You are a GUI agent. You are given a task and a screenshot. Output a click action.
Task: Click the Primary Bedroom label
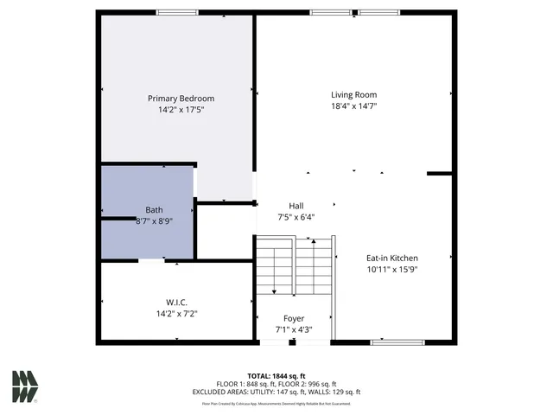(x=181, y=99)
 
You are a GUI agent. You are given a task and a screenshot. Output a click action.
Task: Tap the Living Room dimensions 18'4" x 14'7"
(x=353, y=106)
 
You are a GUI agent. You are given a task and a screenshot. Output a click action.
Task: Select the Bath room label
(x=154, y=210)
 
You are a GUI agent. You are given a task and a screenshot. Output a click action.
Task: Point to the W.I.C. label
(x=176, y=303)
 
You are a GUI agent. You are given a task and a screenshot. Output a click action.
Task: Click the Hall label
(x=296, y=206)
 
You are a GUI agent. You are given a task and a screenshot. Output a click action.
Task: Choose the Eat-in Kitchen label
(x=391, y=258)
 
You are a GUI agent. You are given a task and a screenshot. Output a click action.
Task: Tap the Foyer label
(x=294, y=319)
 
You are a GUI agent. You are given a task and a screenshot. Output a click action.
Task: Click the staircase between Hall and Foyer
(x=294, y=268)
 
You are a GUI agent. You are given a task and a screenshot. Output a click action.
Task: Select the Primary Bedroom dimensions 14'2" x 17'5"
(x=181, y=110)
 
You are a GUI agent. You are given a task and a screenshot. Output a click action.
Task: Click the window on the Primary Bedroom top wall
(x=177, y=12)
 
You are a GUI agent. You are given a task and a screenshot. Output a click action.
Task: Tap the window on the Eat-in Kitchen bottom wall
(x=397, y=342)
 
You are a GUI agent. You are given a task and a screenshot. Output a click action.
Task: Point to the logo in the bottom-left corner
(x=25, y=386)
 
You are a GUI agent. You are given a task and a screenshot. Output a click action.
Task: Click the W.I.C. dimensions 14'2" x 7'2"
(x=176, y=314)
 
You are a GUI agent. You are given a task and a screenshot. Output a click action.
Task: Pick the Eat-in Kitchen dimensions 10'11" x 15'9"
(x=391, y=269)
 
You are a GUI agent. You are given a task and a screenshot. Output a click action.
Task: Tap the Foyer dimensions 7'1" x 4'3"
(x=294, y=329)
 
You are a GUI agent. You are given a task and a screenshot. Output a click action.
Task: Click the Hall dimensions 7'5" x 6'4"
(x=296, y=217)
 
